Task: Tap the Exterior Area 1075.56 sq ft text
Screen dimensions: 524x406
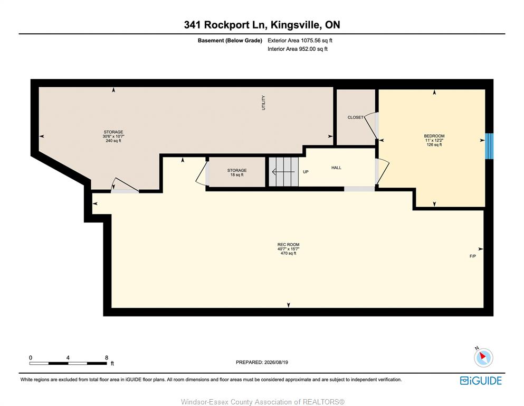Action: [x=300, y=41]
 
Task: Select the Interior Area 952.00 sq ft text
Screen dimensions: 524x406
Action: [x=298, y=49]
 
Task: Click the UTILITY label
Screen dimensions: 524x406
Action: [x=263, y=103]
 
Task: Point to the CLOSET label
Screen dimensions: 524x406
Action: [x=355, y=117]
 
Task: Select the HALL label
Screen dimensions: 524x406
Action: [x=336, y=168]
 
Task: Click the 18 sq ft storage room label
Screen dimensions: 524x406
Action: [x=237, y=172]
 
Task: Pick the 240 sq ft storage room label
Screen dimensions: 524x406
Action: [x=113, y=136]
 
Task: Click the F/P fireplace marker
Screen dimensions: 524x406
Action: [x=472, y=256]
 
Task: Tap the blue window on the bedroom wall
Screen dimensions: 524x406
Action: [x=489, y=146]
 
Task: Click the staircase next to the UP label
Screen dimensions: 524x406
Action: [x=284, y=172]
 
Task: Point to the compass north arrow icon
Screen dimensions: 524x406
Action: [x=483, y=357]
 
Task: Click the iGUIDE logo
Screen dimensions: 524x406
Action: [x=481, y=381]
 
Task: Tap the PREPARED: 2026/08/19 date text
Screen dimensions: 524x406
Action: [x=262, y=362]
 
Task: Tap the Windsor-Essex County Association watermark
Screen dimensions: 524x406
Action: [x=263, y=402]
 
